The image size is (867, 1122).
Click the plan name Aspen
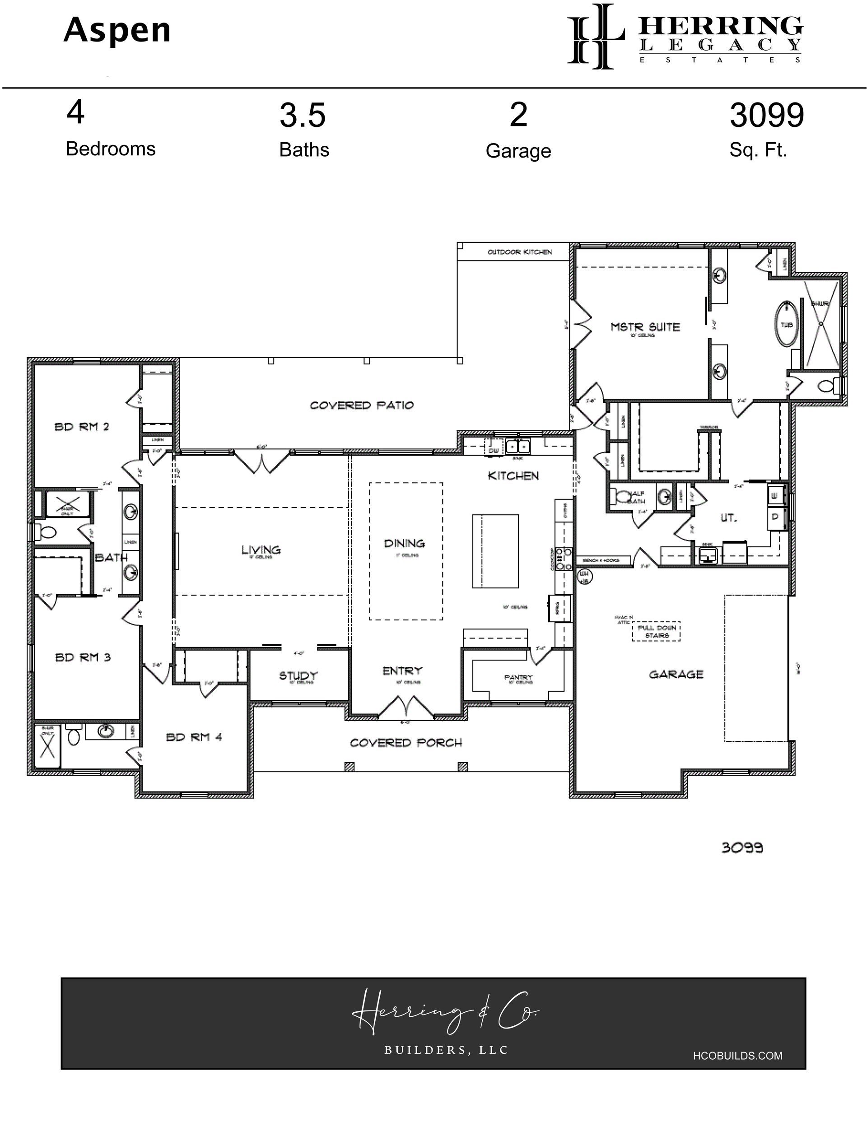[x=117, y=30]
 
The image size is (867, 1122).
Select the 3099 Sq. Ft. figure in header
[x=766, y=115]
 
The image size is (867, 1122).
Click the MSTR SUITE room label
[x=645, y=327]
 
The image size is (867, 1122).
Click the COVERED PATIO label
[x=361, y=405]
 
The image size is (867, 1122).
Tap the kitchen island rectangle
[x=495, y=551]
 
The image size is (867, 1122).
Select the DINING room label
[x=405, y=543]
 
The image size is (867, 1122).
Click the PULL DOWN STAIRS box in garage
[x=656, y=631]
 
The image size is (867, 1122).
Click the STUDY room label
[x=298, y=675]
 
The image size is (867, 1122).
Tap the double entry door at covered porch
[x=406, y=707]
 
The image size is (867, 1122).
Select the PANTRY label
[x=518, y=677]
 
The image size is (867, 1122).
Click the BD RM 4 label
[x=194, y=737]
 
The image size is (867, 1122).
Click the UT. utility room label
[x=728, y=518]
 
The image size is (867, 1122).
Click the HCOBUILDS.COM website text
[x=737, y=1056]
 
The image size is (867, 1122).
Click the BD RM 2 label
[x=82, y=426]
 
